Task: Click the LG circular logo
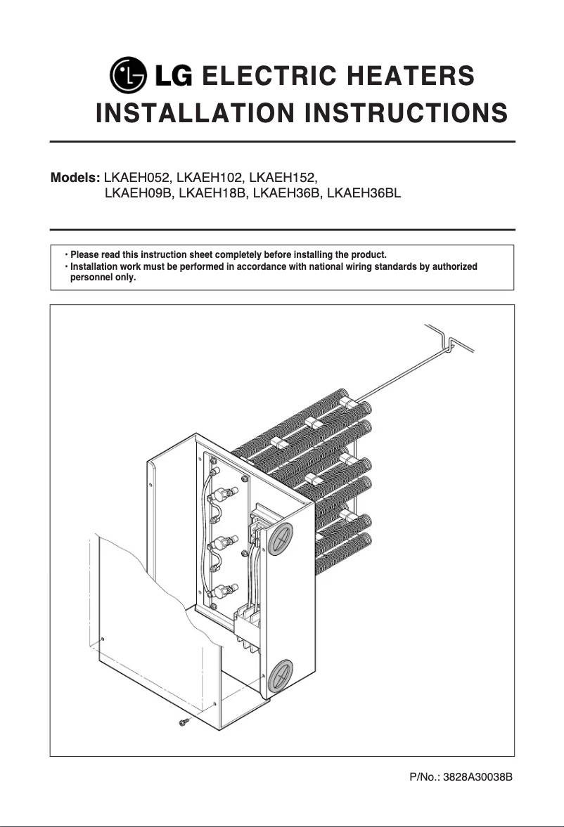pyautogui.click(x=129, y=75)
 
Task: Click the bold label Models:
pyautogui.click(x=76, y=176)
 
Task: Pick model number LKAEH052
pyautogui.click(x=138, y=176)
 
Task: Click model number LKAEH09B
pyautogui.click(x=139, y=193)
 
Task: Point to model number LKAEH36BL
pyautogui.click(x=364, y=193)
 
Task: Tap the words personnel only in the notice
pyautogui.click(x=103, y=278)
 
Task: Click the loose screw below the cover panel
pyautogui.click(x=185, y=721)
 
